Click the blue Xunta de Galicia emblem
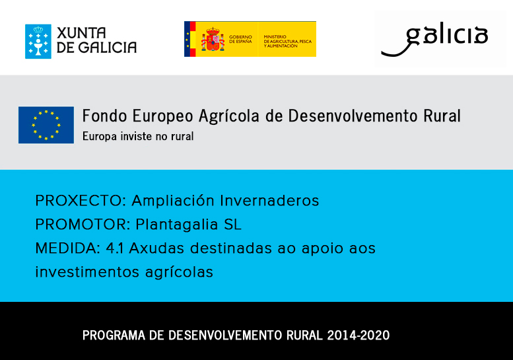pos(38,41)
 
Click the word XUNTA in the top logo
pos(81,33)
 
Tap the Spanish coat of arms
pos(213,39)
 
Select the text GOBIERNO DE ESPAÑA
pos(240,39)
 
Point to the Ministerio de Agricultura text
pos(288,41)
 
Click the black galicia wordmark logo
pos(434,39)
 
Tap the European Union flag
pos(46,125)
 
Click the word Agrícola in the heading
pos(229,116)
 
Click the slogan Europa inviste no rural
pos(138,136)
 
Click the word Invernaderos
pos(269,201)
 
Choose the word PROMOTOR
pos(83,225)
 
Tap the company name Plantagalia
pos(177,225)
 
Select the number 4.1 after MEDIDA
pos(114,248)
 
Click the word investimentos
pos(87,272)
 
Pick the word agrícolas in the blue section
pos(179,273)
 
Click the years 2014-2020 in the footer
pos(359,336)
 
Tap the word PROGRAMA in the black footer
pos(114,336)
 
